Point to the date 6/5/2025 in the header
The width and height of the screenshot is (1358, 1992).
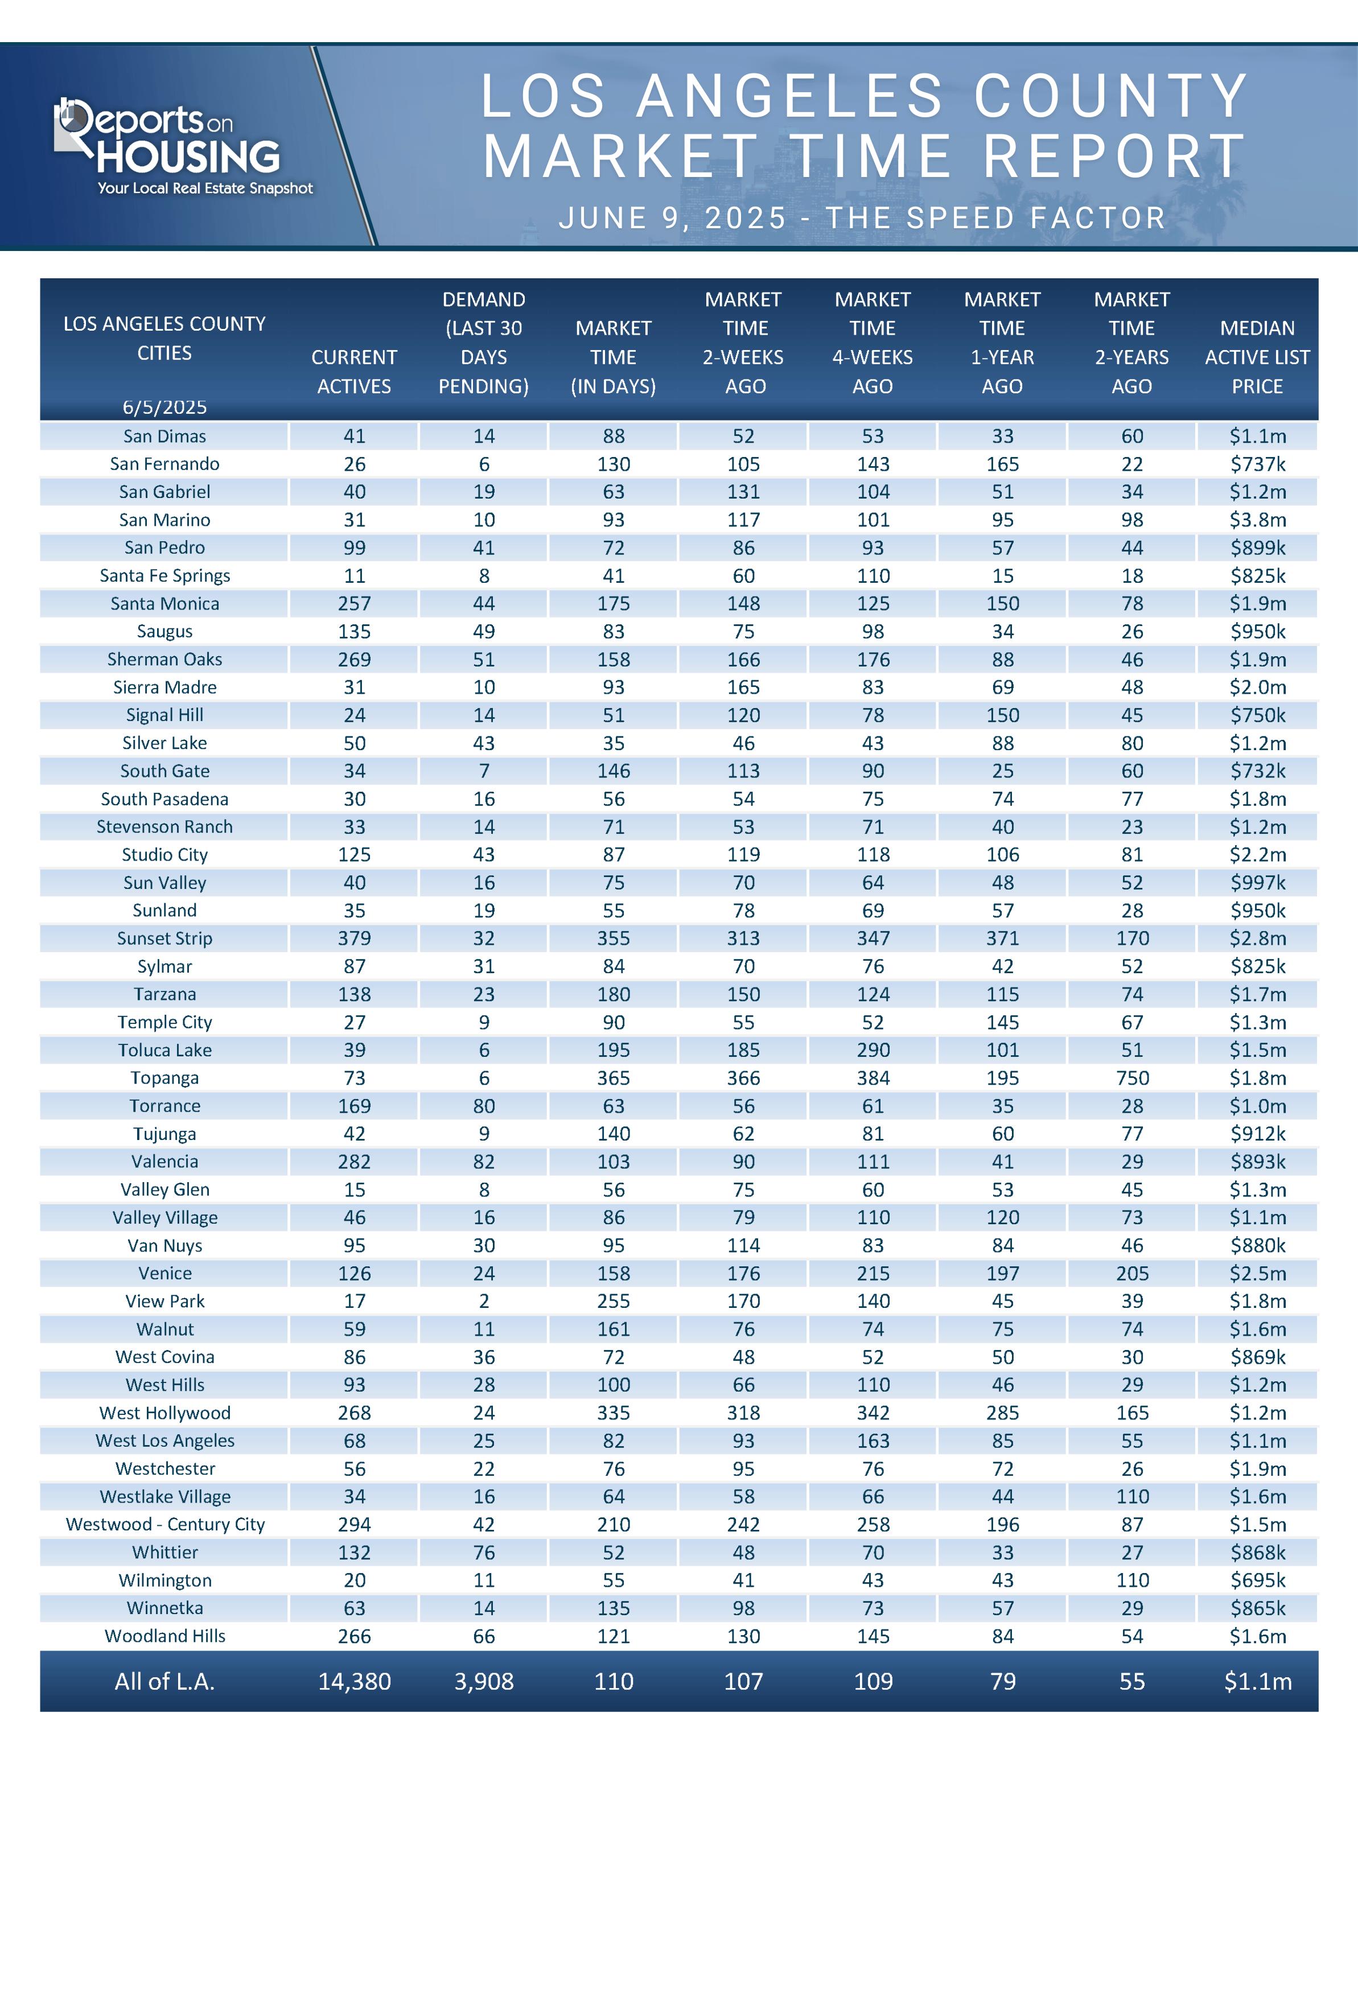pos(164,407)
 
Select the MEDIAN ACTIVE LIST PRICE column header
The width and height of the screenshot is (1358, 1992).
pos(1257,357)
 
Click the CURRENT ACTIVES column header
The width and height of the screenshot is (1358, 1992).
pos(354,371)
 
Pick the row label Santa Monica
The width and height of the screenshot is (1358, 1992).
pos(164,603)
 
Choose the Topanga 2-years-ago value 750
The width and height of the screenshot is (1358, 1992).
pos(1131,1077)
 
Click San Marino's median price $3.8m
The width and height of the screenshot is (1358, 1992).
pos(1257,520)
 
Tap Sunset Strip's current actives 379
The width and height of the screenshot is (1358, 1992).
pos(354,938)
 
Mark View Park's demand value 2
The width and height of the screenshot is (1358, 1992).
pos(484,1300)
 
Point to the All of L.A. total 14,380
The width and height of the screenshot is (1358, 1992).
pos(354,1681)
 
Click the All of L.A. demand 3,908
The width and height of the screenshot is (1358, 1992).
pos(484,1681)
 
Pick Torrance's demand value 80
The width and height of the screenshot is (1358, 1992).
pos(484,1106)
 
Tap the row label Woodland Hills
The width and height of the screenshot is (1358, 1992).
pos(164,1635)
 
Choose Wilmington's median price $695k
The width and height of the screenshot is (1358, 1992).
pos(1257,1580)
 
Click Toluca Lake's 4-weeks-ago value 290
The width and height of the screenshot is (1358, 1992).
pos(873,1050)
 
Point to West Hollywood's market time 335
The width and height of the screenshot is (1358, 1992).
pos(614,1413)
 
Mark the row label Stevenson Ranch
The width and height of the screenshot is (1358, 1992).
pos(164,826)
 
